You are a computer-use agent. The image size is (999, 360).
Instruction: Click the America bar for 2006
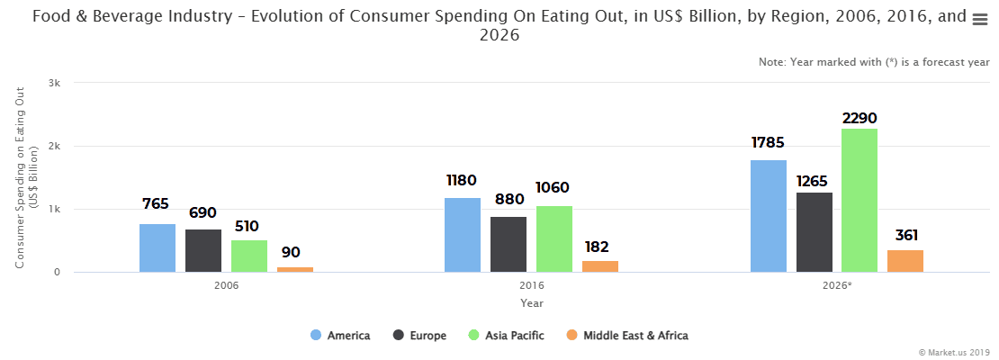pyautogui.click(x=157, y=248)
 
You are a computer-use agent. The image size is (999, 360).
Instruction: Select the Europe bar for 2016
pyautogui.click(x=508, y=245)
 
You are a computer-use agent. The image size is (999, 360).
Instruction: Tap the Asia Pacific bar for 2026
pyautogui.click(x=859, y=201)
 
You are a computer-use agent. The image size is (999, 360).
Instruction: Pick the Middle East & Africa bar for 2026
pyautogui.click(x=905, y=261)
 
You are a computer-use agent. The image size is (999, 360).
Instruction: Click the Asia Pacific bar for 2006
pyautogui.click(x=249, y=256)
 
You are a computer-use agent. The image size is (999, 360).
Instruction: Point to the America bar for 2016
pyautogui.click(x=463, y=235)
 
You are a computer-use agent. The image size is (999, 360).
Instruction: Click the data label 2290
pyautogui.click(x=859, y=118)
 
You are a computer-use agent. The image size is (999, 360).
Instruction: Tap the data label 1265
pyautogui.click(x=814, y=182)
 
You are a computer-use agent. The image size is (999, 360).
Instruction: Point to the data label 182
pyautogui.click(x=600, y=247)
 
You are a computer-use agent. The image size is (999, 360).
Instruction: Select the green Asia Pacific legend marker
pyautogui.click(x=474, y=336)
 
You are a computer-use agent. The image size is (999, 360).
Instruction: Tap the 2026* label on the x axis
pyautogui.click(x=837, y=285)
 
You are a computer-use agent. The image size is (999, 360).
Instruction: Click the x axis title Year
pyautogui.click(x=531, y=303)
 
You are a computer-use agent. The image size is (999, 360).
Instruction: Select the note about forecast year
pyautogui.click(x=874, y=62)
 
